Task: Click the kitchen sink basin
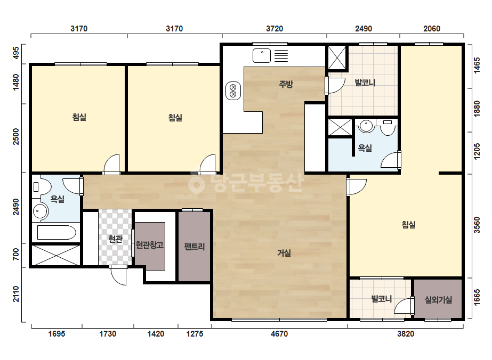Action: (262, 56)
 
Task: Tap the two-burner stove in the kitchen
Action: (233, 91)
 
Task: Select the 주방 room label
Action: (286, 84)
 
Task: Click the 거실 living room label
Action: (284, 253)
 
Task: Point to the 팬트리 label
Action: (195, 246)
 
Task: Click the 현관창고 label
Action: (150, 244)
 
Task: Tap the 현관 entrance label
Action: (115, 239)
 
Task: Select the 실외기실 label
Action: (438, 300)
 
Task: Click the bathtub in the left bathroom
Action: (57, 232)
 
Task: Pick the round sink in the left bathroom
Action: (40, 211)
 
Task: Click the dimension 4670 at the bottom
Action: (279, 334)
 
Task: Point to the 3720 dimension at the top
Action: (275, 29)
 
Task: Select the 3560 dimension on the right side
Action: (477, 225)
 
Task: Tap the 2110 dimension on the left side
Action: (15, 294)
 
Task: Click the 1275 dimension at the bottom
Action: (195, 334)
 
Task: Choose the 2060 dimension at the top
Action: (432, 29)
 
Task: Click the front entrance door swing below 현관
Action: (119, 275)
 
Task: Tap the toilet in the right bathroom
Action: (388, 127)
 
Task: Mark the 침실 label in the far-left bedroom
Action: (79, 117)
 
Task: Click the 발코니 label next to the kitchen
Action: (365, 83)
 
